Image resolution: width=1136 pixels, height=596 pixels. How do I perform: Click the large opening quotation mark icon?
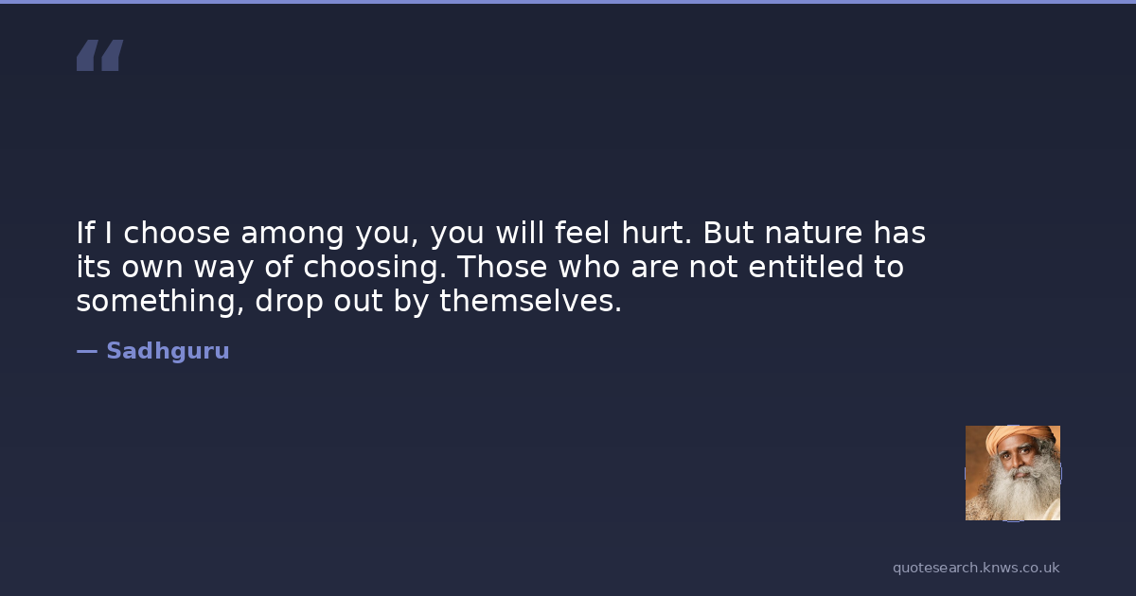click(100, 55)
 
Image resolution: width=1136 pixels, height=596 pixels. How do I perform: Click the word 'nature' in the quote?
click(813, 233)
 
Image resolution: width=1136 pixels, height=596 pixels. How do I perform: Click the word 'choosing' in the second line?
click(375, 267)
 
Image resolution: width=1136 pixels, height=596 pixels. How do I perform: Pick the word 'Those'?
click(502, 267)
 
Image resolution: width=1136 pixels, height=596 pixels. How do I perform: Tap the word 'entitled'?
click(806, 267)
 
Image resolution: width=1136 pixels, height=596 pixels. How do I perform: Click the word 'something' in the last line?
click(160, 302)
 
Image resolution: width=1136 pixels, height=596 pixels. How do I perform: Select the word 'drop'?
click(289, 302)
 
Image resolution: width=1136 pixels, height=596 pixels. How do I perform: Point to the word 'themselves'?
click(530, 301)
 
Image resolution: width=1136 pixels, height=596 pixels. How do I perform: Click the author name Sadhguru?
click(168, 351)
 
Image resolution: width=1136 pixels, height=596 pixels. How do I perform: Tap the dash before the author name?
click(87, 351)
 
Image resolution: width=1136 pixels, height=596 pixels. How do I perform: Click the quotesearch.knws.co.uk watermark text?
click(976, 568)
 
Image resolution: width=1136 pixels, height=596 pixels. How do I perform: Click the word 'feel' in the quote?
click(582, 233)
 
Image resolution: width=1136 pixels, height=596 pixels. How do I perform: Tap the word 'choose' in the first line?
click(177, 233)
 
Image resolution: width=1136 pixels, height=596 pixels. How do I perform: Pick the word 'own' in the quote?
click(152, 268)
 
